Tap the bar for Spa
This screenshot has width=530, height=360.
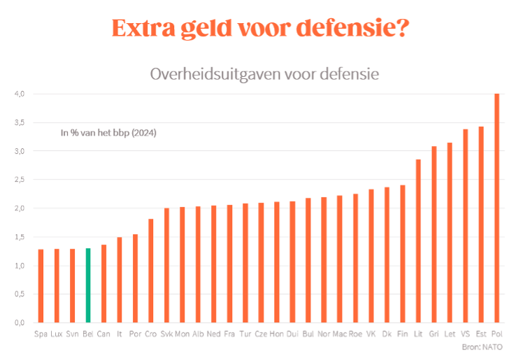click(41, 286)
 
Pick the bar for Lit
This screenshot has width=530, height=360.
click(418, 241)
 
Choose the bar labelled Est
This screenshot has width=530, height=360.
click(481, 224)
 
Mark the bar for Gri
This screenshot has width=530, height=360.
click(434, 234)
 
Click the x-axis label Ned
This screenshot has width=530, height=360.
click(214, 334)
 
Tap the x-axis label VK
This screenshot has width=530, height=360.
click(371, 334)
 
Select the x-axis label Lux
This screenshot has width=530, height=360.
click(57, 334)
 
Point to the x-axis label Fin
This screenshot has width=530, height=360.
click(402, 334)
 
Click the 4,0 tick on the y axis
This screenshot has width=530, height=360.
click(20, 94)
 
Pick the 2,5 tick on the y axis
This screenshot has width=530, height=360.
click(20, 180)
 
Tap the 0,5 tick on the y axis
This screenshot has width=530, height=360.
click(20, 294)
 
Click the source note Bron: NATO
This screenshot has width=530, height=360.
click(482, 347)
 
